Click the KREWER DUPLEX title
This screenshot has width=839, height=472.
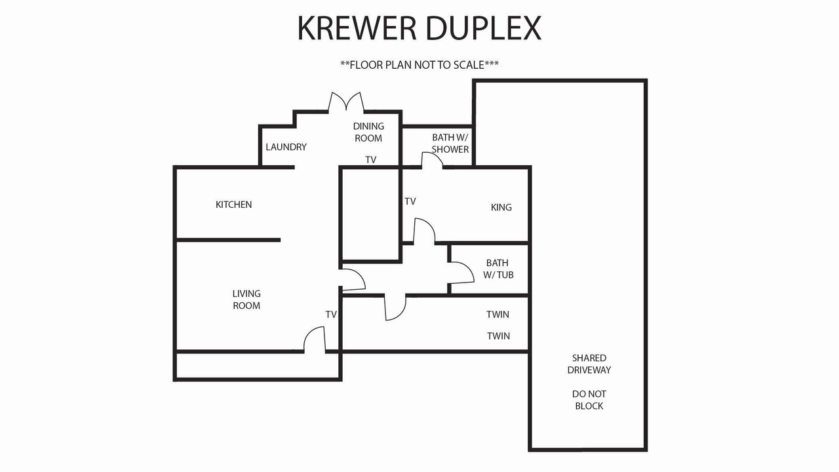(x=419, y=28)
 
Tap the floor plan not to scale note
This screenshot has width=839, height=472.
(x=419, y=65)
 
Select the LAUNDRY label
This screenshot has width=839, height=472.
(x=286, y=147)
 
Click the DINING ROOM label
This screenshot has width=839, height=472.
(x=368, y=132)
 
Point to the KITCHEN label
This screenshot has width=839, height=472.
(x=234, y=205)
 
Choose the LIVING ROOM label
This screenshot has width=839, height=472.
(x=246, y=300)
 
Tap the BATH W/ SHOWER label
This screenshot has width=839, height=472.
(x=450, y=143)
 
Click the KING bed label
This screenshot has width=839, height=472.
(x=501, y=207)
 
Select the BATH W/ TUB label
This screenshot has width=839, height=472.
(x=498, y=269)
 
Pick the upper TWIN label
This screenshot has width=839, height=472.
(x=498, y=314)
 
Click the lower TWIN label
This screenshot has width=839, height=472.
(x=499, y=336)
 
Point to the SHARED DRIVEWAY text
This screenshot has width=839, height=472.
(x=589, y=364)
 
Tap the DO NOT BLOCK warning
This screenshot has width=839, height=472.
(x=589, y=400)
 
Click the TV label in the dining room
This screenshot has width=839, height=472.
(x=371, y=160)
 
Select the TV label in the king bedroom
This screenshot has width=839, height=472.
(x=410, y=201)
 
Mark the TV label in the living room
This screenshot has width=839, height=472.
(x=331, y=315)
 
